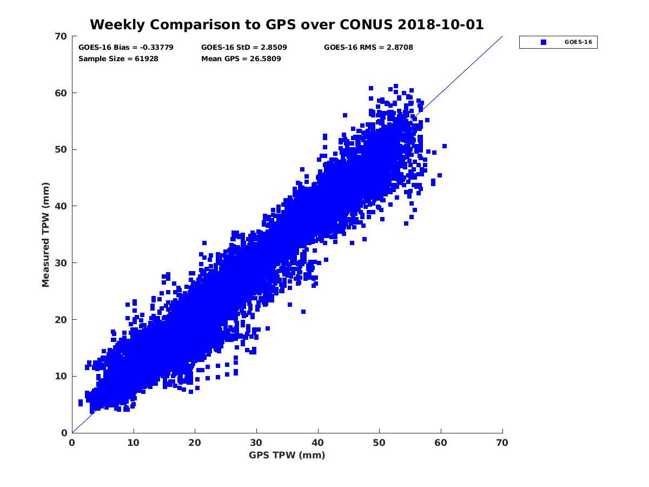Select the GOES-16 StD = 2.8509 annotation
[x=244, y=48]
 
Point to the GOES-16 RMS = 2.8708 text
[x=368, y=48]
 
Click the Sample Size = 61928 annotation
[x=118, y=58]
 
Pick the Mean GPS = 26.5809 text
[x=241, y=58]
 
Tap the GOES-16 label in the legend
[x=574, y=42]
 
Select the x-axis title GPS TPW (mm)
[x=287, y=455]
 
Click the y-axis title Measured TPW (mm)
[x=46, y=234]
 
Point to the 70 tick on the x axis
[x=502, y=443]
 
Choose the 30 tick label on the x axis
[x=256, y=443]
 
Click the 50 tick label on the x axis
[x=380, y=443]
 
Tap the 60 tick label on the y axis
[x=61, y=93]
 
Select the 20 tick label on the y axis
[x=61, y=320]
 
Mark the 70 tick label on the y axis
[x=61, y=36]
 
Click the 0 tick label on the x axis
[x=72, y=443]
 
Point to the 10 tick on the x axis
[x=134, y=443]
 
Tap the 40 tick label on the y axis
[x=61, y=206]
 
